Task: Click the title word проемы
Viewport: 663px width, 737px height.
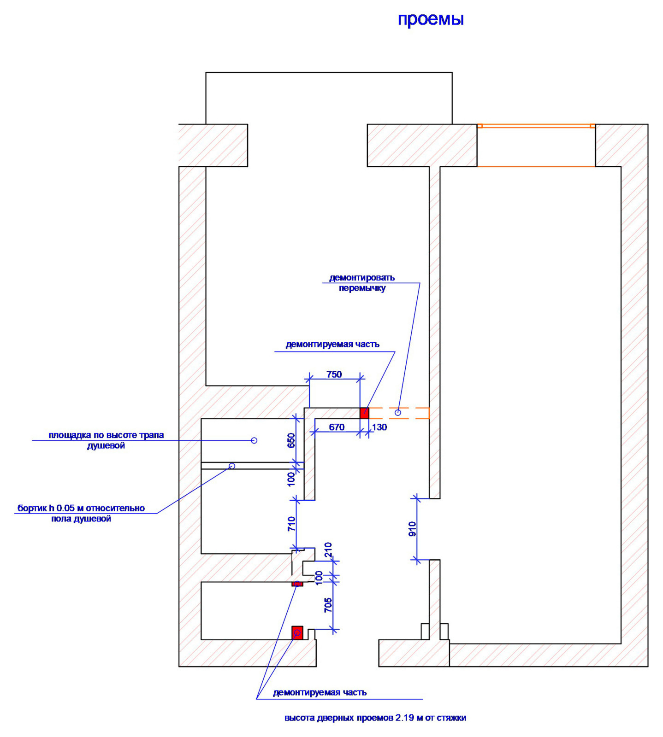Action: [x=431, y=20]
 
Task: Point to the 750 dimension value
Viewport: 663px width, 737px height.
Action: [x=334, y=374]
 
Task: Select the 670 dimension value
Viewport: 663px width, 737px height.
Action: [x=337, y=427]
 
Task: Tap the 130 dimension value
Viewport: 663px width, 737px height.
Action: [x=379, y=427]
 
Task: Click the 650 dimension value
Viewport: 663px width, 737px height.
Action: [x=291, y=441]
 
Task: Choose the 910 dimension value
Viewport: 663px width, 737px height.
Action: [x=412, y=529]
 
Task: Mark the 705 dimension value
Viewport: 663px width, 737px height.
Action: [x=328, y=605]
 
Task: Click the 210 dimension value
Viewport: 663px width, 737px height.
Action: [x=328, y=550]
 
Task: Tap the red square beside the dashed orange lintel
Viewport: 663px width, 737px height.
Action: [x=364, y=413]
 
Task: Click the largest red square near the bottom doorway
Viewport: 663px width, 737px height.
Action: [x=297, y=633]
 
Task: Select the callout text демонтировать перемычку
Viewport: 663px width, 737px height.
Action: [x=362, y=283]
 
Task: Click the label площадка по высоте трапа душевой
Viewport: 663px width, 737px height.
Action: [x=106, y=440]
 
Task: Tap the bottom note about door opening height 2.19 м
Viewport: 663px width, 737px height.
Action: [x=375, y=718]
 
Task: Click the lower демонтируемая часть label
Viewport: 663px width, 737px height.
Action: [x=320, y=692]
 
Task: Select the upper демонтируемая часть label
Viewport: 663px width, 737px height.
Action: [x=332, y=345]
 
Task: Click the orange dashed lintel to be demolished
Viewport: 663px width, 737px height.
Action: [x=399, y=413]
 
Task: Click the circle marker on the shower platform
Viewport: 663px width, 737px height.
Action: [x=254, y=440]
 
